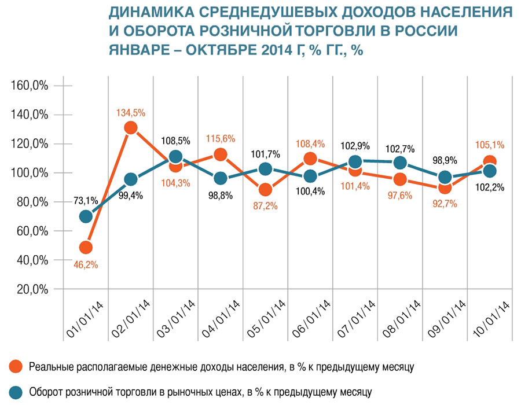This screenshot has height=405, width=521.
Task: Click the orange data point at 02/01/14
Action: [131, 128]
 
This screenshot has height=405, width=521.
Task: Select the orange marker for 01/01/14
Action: [86, 248]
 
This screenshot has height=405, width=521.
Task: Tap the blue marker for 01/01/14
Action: [86, 216]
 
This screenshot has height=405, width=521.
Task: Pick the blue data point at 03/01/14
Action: [175, 157]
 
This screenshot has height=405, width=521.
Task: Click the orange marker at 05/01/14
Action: [265, 190]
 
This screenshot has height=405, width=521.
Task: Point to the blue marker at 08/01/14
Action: [399, 163]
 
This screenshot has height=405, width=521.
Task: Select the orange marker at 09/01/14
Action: [445, 187]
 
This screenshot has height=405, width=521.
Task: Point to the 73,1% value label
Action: [85, 201]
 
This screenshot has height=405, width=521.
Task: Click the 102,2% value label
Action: [490, 187]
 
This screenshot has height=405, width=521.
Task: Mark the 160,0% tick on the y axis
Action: [30, 86]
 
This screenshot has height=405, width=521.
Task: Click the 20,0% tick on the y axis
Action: [31, 289]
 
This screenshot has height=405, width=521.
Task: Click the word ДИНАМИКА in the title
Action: [146, 12]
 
